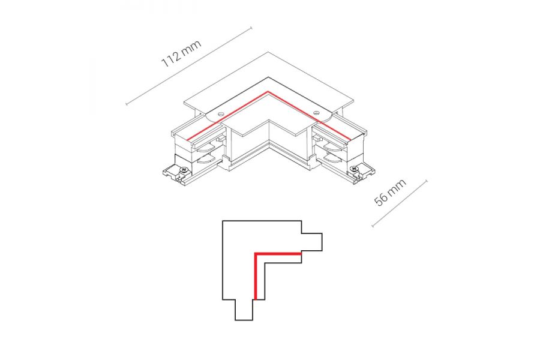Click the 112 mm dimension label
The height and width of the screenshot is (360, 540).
pyautogui.click(x=181, y=54)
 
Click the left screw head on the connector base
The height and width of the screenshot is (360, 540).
pyautogui.click(x=184, y=170)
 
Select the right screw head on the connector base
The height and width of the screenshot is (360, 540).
pyautogui.click(x=353, y=169)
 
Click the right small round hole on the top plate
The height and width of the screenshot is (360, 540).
pyautogui.click(x=316, y=112)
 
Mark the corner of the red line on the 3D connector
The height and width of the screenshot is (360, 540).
pyautogui.click(x=268, y=91)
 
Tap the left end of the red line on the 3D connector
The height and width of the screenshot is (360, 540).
pyautogui.click(x=188, y=140)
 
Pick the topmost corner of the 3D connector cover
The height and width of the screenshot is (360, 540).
pyautogui.click(x=268, y=52)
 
